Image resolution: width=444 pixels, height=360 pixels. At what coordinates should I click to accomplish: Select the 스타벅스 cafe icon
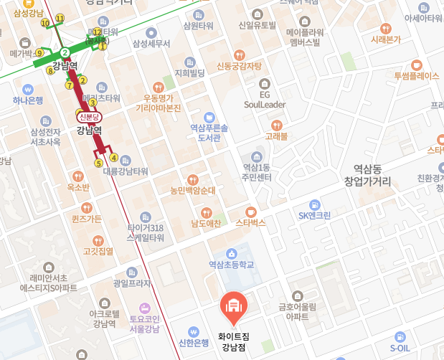[x=250, y=212]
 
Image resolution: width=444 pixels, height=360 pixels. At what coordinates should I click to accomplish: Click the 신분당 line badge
[x=90, y=117]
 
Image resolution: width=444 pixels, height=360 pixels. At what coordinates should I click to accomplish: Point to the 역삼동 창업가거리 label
[x=367, y=175]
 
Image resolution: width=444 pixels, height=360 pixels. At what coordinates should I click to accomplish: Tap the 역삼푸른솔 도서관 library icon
[x=209, y=117]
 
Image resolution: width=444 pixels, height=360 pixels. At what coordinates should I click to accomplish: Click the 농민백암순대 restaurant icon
[x=192, y=179]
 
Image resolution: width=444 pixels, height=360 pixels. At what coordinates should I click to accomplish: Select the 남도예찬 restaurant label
[x=205, y=223]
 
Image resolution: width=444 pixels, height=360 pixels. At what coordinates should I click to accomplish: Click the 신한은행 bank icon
[x=193, y=331]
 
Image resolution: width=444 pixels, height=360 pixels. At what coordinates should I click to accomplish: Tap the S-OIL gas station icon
[x=400, y=326]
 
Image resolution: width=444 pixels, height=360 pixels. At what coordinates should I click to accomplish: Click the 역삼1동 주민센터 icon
[x=255, y=157]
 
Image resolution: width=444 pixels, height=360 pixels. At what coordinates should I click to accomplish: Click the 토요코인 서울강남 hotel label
[x=144, y=324]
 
